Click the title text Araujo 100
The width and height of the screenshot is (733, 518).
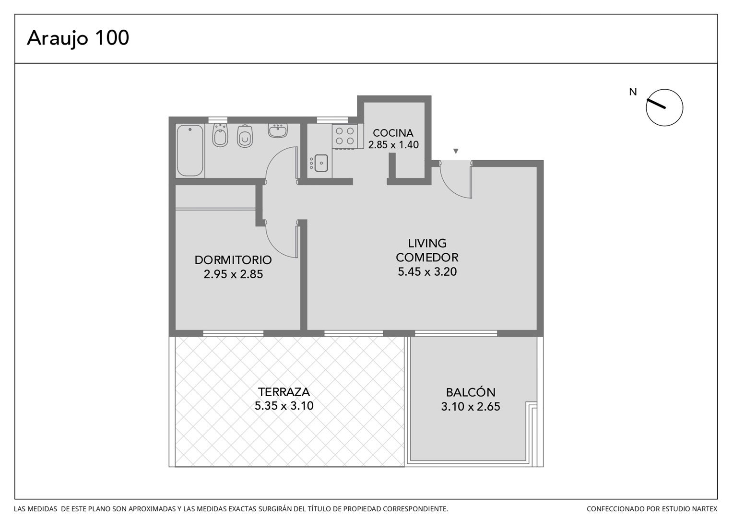(78, 39)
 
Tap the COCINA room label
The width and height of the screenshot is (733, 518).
(393, 133)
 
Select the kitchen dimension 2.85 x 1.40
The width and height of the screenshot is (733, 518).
(393, 145)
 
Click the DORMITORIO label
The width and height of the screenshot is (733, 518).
(233, 260)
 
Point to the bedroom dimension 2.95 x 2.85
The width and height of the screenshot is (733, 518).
(233, 274)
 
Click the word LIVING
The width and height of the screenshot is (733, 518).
(427, 243)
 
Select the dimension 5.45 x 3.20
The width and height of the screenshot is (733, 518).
(427, 271)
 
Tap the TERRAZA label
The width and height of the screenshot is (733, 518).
(284, 392)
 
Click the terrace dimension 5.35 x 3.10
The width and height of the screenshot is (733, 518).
(284, 406)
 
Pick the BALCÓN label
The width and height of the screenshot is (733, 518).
(471, 392)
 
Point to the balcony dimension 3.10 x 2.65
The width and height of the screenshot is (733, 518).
(471, 407)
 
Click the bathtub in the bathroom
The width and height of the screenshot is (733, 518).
(190, 151)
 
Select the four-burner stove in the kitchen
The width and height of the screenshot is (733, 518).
(345, 136)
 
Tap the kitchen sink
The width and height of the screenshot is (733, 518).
(321, 163)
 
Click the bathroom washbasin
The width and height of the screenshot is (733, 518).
(278, 130)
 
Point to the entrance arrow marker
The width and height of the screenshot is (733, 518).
(456, 151)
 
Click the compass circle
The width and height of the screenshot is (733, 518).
(664, 107)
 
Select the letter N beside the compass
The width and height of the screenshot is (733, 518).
(633, 92)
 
